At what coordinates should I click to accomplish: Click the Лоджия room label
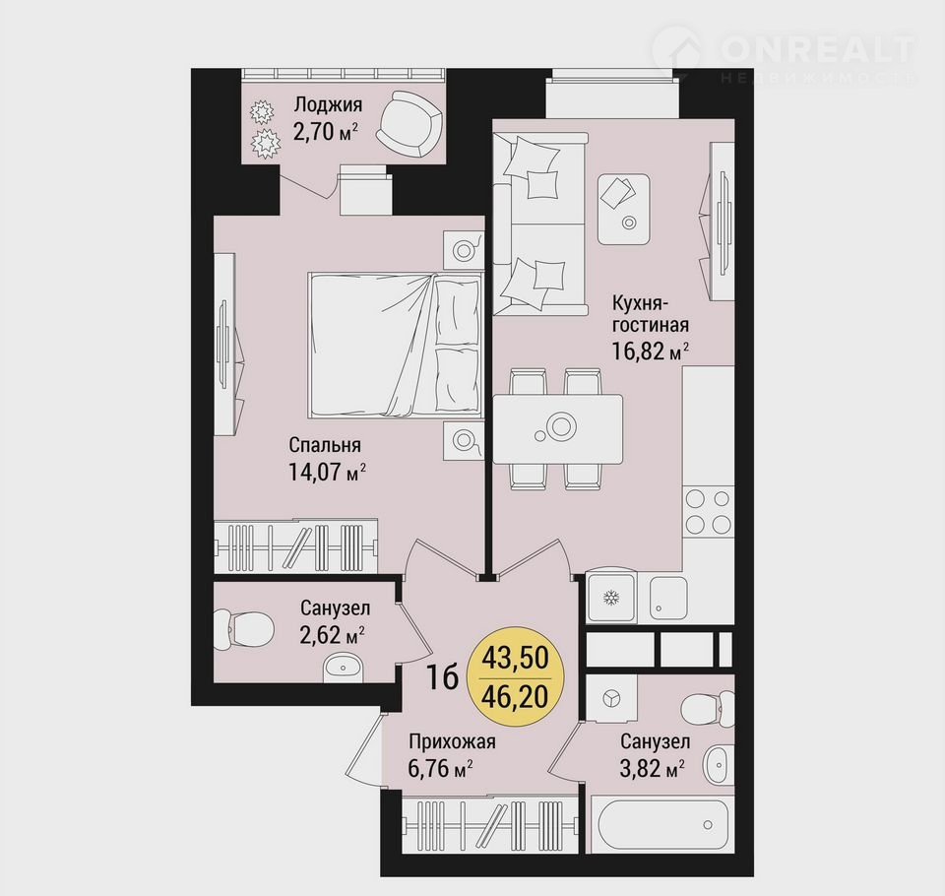tap(328, 105)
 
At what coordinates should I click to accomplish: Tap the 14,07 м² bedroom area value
tap(327, 472)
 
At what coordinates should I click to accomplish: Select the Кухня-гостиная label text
tap(651, 313)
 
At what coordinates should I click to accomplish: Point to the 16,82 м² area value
tap(651, 351)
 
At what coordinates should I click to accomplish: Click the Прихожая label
tap(452, 741)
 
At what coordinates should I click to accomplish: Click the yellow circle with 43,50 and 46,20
tap(515, 677)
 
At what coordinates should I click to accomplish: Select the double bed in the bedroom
tap(396, 345)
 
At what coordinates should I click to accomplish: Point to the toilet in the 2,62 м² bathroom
tap(243, 629)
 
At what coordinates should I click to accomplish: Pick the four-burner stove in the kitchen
tap(708, 511)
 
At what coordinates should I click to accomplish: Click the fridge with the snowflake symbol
tap(610, 598)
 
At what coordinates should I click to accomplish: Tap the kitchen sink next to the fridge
tap(668, 597)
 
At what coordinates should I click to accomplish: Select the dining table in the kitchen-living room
tap(557, 428)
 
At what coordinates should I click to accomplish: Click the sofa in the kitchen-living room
tap(540, 224)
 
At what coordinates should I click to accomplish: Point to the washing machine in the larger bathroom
tap(611, 698)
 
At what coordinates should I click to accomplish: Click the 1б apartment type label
tap(442, 677)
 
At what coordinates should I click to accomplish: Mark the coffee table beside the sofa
tap(624, 209)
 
